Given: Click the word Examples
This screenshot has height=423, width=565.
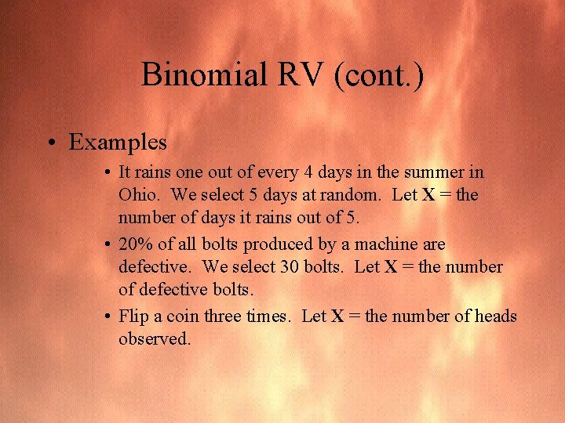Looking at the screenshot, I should [118, 142].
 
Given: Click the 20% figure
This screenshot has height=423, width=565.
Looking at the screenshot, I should [137, 244].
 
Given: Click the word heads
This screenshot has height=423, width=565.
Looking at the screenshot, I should [494, 316].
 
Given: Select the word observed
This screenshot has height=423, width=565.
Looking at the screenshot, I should [155, 339].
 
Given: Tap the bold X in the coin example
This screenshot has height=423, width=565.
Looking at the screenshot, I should [337, 316].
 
